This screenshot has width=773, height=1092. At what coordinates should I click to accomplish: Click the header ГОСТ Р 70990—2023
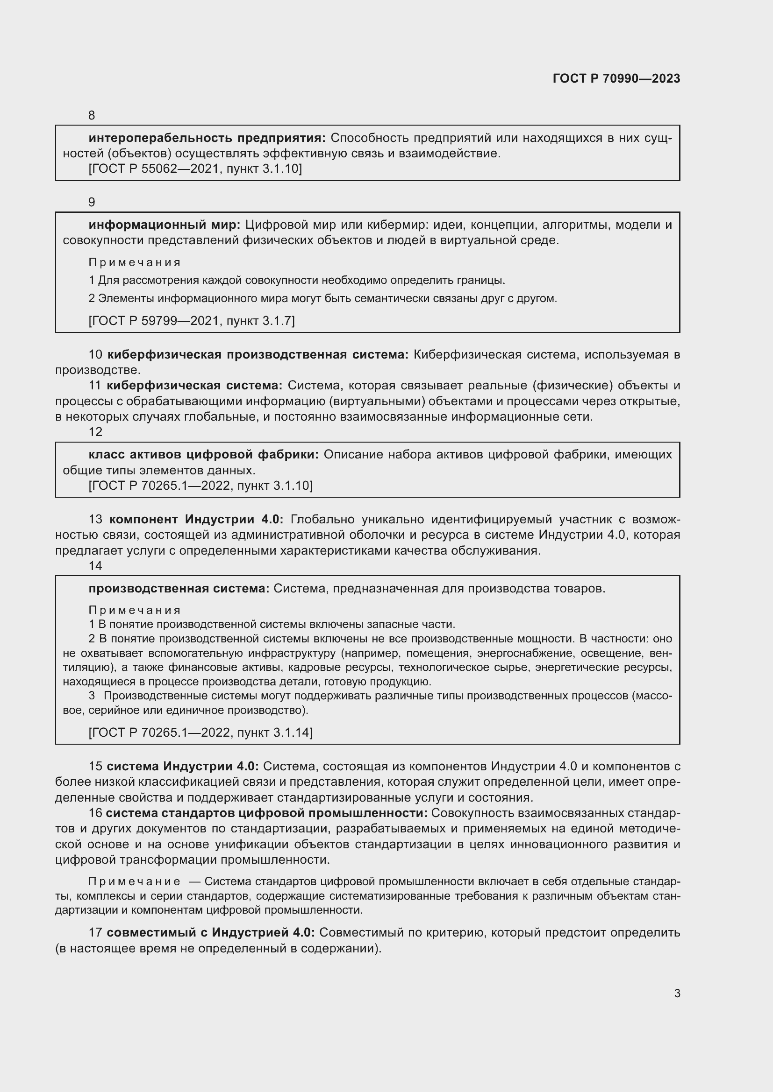[616, 78]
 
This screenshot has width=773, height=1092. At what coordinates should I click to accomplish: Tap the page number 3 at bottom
[677, 993]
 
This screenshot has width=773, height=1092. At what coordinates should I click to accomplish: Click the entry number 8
[92, 115]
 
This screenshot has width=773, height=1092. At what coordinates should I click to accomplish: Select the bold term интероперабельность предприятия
[207, 138]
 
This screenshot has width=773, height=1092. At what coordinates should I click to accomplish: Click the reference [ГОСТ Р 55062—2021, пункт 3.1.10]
[195, 169]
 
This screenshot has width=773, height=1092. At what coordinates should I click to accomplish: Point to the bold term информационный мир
[165, 225]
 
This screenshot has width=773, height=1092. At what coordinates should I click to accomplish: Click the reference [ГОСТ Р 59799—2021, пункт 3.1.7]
[191, 321]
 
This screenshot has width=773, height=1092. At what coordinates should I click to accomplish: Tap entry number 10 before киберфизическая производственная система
[95, 354]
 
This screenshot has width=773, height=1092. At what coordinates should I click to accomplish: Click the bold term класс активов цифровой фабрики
[203, 454]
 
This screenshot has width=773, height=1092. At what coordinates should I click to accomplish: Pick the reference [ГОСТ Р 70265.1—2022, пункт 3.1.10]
[200, 485]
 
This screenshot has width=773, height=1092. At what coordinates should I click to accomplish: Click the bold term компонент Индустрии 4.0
[196, 519]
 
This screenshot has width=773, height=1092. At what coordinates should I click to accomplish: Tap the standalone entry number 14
[95, 565]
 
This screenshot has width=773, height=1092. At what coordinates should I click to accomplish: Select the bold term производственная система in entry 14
[179, 588]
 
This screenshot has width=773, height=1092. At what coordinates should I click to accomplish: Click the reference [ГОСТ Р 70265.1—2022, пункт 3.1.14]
[200, 732]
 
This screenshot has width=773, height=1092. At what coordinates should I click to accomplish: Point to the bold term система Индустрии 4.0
[182, 766]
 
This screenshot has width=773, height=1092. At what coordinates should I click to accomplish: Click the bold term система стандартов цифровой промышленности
[266, 813]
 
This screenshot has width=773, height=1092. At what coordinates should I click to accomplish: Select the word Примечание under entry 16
[134, 882]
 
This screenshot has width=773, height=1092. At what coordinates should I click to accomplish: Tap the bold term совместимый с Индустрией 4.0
[210, 932]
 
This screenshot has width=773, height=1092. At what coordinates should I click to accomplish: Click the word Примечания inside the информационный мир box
[134, 262]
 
